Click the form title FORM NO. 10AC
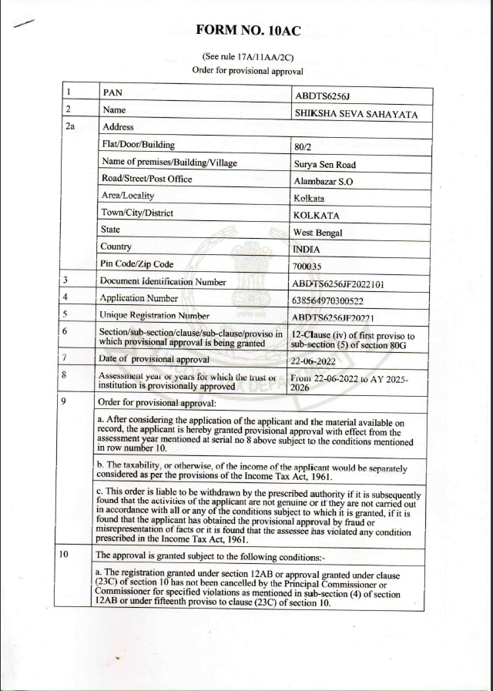click(248, 31)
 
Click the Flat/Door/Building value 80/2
click(302, 146)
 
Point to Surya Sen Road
click(324, 164)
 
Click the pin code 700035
click(309, 267)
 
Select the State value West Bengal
click(318, 232)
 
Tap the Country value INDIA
click(307, 249)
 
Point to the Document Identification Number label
click(163, 281)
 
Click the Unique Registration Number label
click(155, 315)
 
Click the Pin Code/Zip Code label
click(137, 264)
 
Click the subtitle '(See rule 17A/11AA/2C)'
click(247, 57)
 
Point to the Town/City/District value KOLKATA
click(317, 215)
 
